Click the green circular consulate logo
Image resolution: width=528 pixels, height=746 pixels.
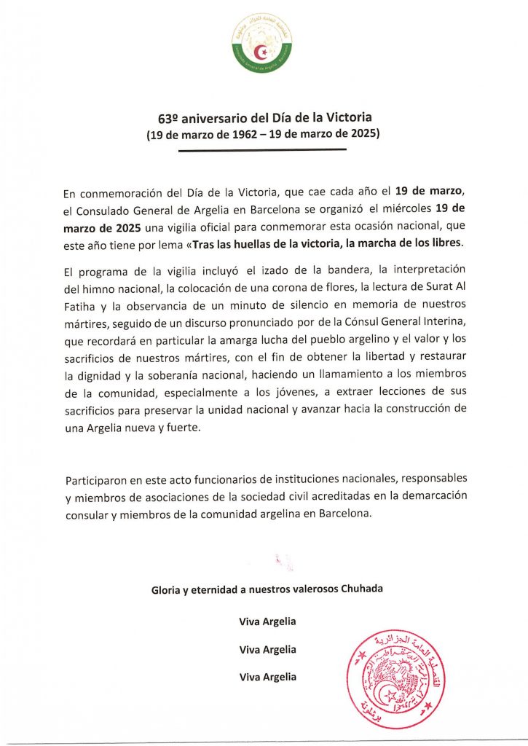click(263, 43)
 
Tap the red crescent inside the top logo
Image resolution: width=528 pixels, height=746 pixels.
click(263, 52)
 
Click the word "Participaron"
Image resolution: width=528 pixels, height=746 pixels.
click(95, 481)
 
